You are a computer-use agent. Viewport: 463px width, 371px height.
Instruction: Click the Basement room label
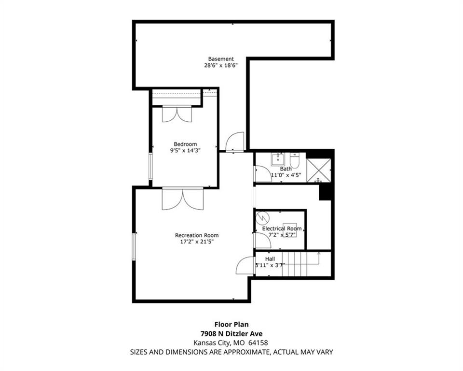pyautogui.click(x=221, y=59)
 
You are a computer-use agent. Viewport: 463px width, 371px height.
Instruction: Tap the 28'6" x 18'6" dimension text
pyautogui.click(x=221, y=65)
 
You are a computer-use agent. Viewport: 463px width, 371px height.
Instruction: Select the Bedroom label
pyautogui.click(x=185, y=144)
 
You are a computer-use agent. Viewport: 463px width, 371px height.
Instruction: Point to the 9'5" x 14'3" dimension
pyautogui.click(x=185, y=150)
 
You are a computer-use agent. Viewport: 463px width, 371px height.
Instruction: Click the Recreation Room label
pyautogui.click(x=197, y=235)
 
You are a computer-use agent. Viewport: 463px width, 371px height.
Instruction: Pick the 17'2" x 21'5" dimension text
pyautogui.click(x=197, y=242)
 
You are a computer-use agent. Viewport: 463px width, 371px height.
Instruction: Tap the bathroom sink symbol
pyautogui.click(x=278, y=160)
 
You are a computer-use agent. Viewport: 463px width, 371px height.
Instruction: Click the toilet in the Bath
pyautogui.click(x=295, y=161)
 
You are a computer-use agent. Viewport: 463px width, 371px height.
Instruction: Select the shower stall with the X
pyautogui.click(x=319, y=171)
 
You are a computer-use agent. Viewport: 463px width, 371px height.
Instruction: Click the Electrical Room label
pyautogui.click(x=282, y=228)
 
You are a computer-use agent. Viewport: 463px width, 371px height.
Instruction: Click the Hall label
pyautogui.click(x=270, y=259)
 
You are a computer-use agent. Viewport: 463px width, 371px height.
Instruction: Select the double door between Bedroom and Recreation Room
pyautogui.click(x=183, y=199)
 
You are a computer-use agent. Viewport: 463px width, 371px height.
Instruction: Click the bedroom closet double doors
pyautogui.click(x=177, y=114)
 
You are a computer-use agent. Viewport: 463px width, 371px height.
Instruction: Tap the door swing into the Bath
pyautogui.click(x=263, y=174)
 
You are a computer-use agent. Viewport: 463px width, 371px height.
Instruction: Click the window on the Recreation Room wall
pyautogui.click(x=134, y=247)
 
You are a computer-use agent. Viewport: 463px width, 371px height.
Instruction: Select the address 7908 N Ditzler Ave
pyautogui.click(x=231, y=334)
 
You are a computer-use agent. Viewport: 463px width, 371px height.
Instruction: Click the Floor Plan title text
pyautogui.click(x=231, y=325)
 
